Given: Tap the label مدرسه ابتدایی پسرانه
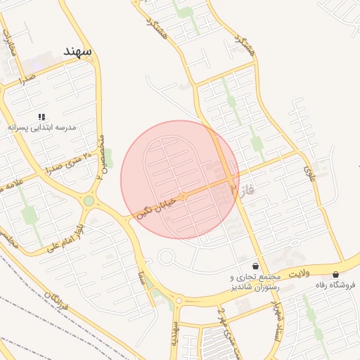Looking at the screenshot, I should pos(41,128).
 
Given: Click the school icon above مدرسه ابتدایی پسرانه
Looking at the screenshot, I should pos(41,116).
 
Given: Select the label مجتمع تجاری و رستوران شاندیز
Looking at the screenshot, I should pos(255,282).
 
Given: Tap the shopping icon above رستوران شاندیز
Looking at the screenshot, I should pos(255,266).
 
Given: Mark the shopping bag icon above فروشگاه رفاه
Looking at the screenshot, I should pos(335,274).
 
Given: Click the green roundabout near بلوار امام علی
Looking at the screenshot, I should pos(89,201).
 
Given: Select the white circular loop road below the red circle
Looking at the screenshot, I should pos(167,257).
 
